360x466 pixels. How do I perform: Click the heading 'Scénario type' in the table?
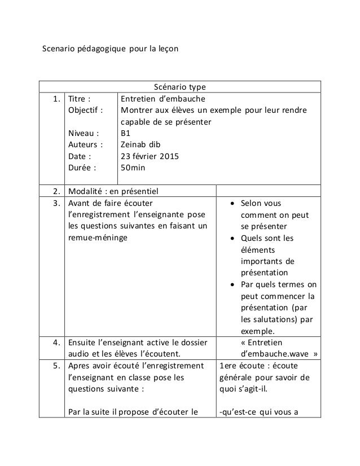(x=180, y=87)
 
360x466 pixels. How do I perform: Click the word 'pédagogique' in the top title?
(x=100, y=49)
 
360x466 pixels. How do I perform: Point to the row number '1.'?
(x=56, y=99)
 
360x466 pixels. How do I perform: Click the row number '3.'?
(x=56, y=203)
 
